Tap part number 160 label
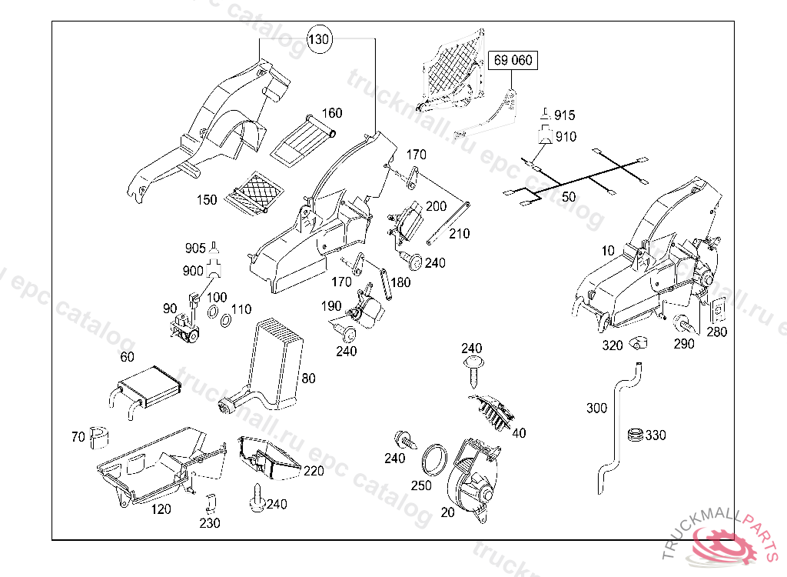(331, 113)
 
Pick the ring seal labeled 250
(436, 459)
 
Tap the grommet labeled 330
(634, 435)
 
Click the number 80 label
(308, 378)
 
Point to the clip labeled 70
(100, 436)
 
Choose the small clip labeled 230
(210, 503)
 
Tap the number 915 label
(564, 115)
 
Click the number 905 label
(195, 248)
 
